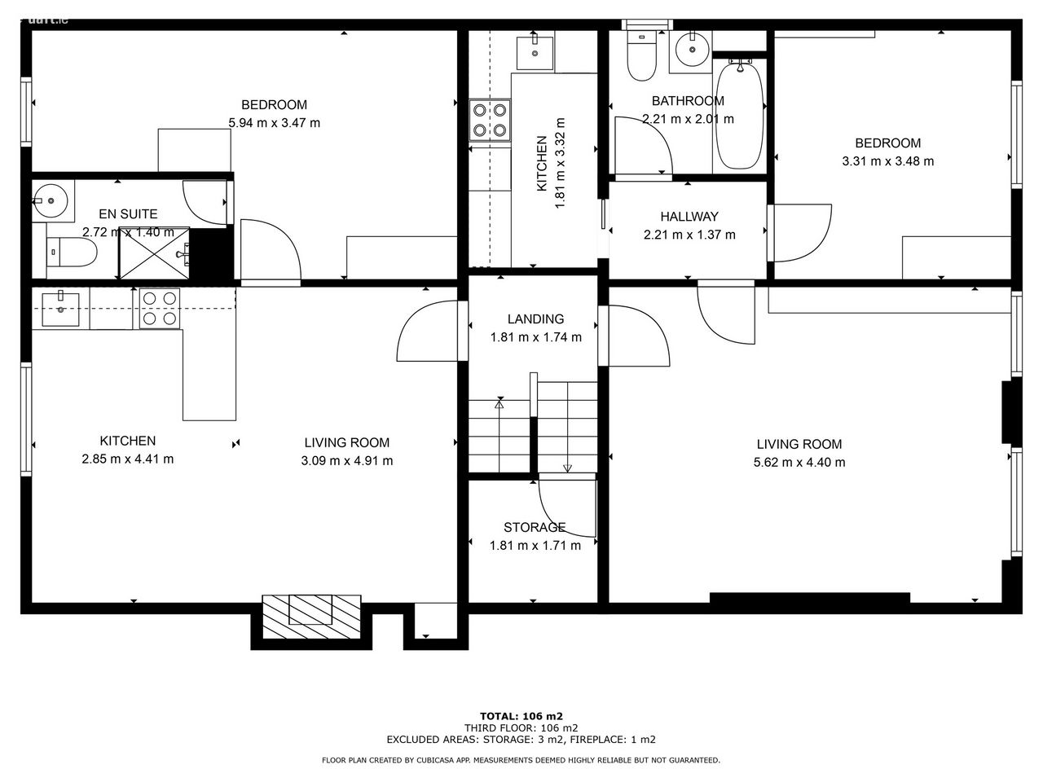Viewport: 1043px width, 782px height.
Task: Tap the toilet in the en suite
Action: pyautogui.click(x=72, y=253)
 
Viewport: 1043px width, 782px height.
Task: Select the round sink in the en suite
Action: pyautogui.click(x=51, y=201)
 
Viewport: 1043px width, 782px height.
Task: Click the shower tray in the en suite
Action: pyautogui.click(x=154, y=253)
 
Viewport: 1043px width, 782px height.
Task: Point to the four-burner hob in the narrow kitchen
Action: pyautogui.click(x=490, y=120)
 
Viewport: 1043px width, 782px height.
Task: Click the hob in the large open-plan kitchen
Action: pyautogui.click(x=160, y=309)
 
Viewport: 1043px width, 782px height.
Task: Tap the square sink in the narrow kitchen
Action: pyautogui.click(x=535, y=52)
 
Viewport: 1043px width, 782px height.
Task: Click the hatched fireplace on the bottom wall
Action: pyautogui.click(x=311, y=617)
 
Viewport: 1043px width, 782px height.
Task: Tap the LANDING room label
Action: pyautogui.click(x=535, y=319)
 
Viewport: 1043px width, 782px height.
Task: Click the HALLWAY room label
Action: pyautogui.click(x=689, y=217)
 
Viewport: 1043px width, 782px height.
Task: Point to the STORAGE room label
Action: pyautogui.click(x=535, y=528)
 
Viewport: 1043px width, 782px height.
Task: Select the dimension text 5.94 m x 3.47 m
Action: pyautogui.click(x=274, y=123)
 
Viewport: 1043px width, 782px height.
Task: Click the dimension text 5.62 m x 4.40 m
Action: pyautogui.click(x=799, y=463)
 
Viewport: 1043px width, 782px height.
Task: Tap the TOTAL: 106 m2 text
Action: pyautogui.click(x=521, y=717)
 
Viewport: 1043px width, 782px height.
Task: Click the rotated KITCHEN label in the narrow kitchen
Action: pyautogui.click(x=542, y=164)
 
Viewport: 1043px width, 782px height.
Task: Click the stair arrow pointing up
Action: pyautogui.click(x=499, y=437)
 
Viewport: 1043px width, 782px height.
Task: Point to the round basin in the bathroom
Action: pyautogui.click(x=692, y=49)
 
